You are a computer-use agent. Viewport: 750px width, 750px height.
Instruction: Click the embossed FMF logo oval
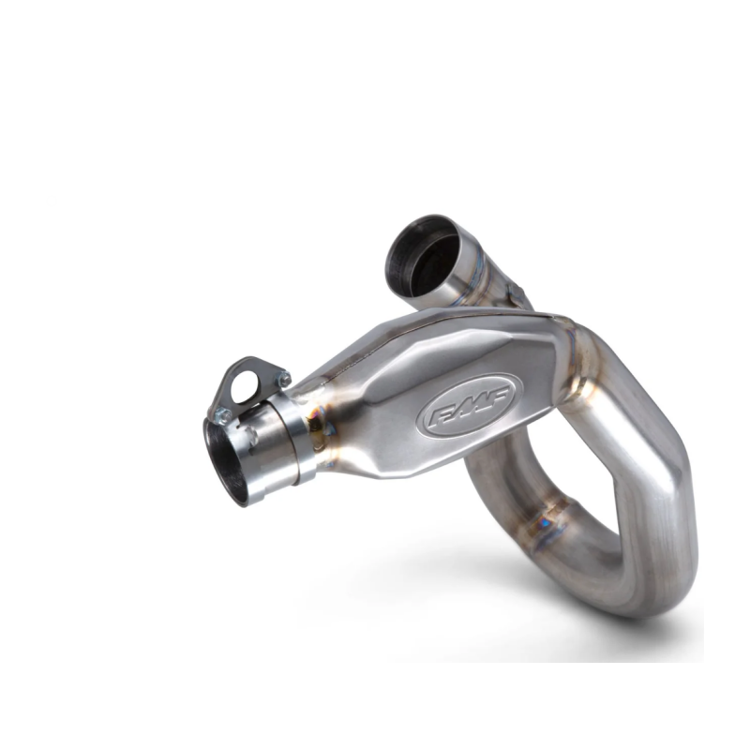click(470, 405)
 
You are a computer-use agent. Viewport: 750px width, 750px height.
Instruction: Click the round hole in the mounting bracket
click(244, 387)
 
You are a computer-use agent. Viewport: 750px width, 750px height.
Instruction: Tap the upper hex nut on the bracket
click(284, 380)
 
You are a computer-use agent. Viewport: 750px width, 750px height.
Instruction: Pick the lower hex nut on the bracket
click(223, 416)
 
